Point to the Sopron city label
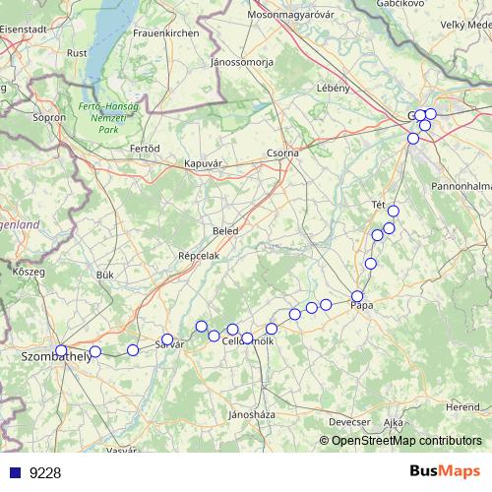point(49,117)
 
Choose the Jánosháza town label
point(249,414)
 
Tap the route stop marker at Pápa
point(357,296)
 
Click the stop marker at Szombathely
point(61,350)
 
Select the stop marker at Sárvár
point(167,339)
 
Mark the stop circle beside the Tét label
point(394,211)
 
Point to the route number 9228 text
point(45,473)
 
